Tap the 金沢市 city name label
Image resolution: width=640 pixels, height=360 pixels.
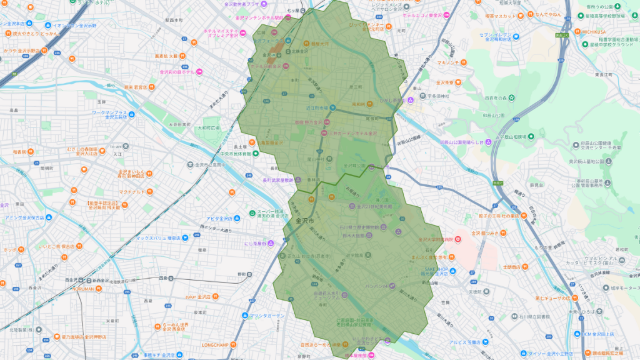point(304,221)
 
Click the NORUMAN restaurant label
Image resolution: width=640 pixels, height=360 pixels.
point(82,289)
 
